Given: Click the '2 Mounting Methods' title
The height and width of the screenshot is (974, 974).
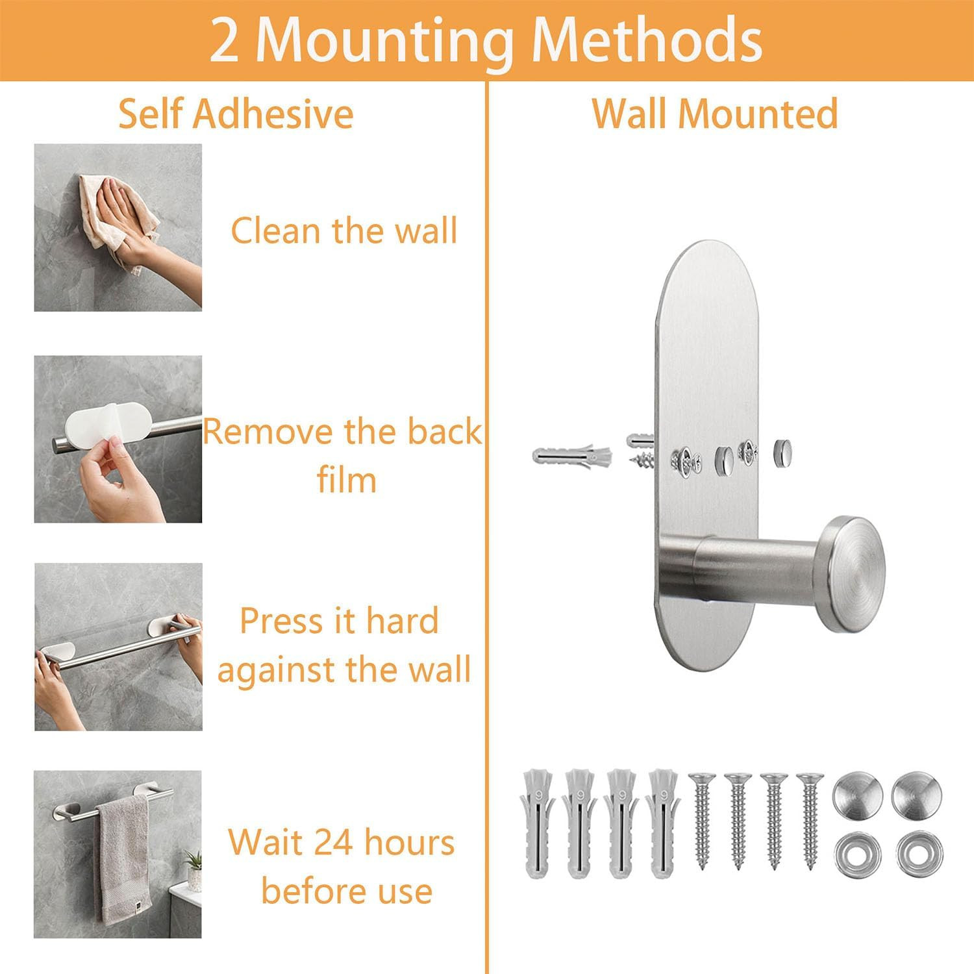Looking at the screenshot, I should point(486,40).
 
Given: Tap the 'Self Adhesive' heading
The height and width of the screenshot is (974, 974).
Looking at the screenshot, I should point(236,114).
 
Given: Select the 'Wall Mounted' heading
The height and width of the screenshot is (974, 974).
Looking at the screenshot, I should point(715,114).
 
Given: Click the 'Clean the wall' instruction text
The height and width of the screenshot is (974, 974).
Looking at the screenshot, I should point(344,231).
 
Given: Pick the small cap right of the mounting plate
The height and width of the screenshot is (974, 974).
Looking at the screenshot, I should point(782,449).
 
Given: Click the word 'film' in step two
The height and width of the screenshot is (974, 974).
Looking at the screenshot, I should point(346,481).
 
